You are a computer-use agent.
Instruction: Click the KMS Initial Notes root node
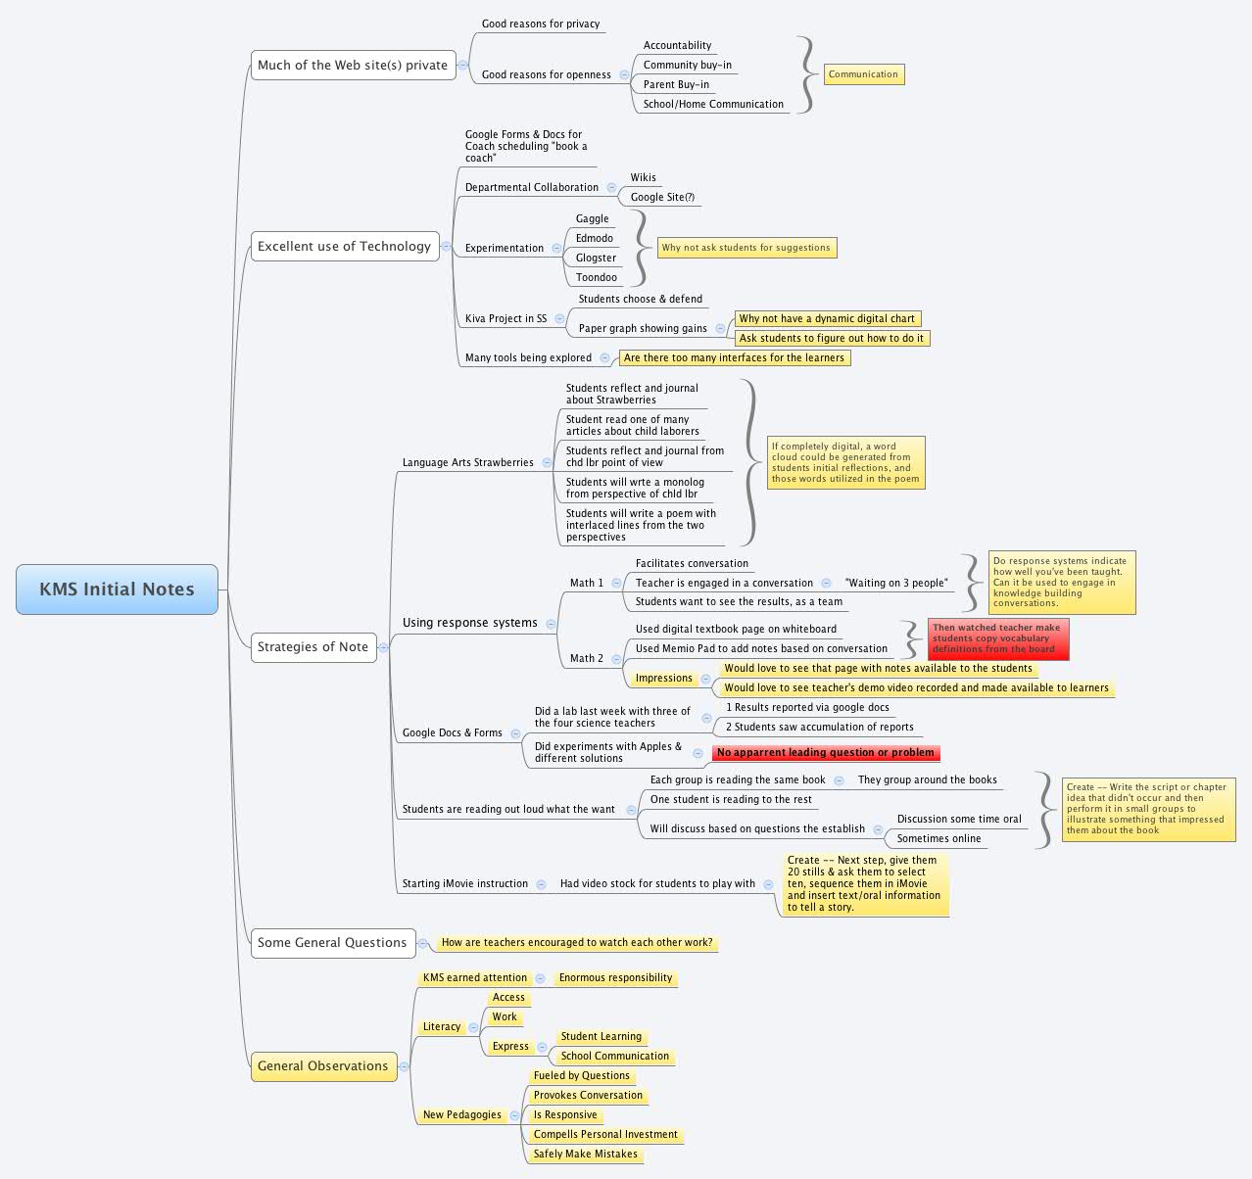coord(117,589)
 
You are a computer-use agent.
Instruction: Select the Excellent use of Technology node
coord(344,247)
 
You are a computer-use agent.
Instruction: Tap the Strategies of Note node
coord(313,647)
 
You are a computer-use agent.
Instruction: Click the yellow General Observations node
coord(323,1066)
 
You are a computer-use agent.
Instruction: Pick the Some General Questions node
coord(332,943)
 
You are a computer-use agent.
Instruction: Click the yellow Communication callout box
coord(863,74)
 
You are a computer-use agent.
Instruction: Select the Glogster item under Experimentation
coord(596,259)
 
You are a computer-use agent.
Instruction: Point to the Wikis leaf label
coord(643,178)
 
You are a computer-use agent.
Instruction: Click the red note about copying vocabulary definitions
coord(997,638)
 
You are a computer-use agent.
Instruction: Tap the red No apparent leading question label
coord(825,753)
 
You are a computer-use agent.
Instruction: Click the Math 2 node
coord(587,659)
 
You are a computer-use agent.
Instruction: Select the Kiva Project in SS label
coord(506,319)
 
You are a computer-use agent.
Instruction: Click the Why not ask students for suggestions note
coord(746,249)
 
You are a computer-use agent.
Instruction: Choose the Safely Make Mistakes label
coord(585,1155)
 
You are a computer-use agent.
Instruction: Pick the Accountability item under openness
coord(677,46)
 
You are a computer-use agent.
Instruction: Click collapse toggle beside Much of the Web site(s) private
coord(463,66)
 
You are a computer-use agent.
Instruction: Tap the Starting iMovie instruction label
coord(464,884)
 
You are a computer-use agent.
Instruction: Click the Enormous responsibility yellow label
coord(615,978)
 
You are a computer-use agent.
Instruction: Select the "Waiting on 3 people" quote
coord(895,584)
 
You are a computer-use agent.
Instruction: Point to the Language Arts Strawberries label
coord(467,463)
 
